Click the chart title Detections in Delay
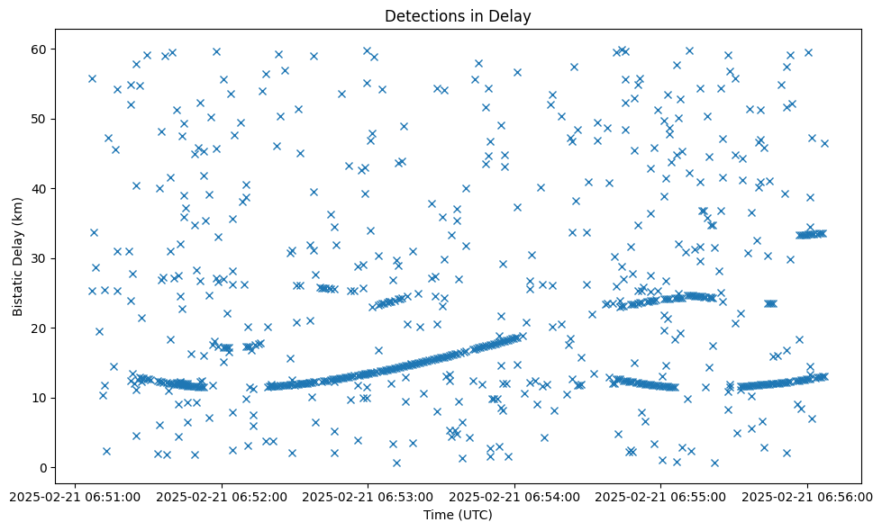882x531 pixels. click(x=459, y=16)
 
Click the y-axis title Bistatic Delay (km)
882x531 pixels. click(x=19, y=255)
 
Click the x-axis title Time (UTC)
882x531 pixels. click(x=459, y=516)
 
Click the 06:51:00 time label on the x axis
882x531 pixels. click(x=76, y=497)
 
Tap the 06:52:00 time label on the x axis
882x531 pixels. click(x=222, y=497)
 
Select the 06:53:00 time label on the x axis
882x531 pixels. click(x=368, y=497)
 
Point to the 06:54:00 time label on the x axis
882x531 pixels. click(x=514, y=497)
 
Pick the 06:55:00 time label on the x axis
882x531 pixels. click(x=661, y=497)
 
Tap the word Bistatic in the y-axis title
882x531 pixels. click(x=19, y=287)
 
